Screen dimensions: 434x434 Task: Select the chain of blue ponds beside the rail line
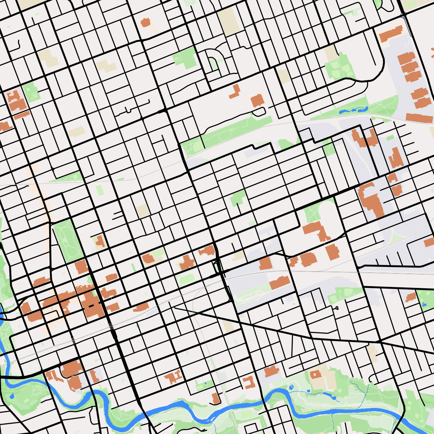(353, 110)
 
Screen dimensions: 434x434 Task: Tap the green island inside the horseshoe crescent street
(213, 64)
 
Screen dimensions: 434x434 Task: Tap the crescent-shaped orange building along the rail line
(141, 307)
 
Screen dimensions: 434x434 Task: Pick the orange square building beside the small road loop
(257, 100)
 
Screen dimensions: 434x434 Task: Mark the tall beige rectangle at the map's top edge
(227, 22)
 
